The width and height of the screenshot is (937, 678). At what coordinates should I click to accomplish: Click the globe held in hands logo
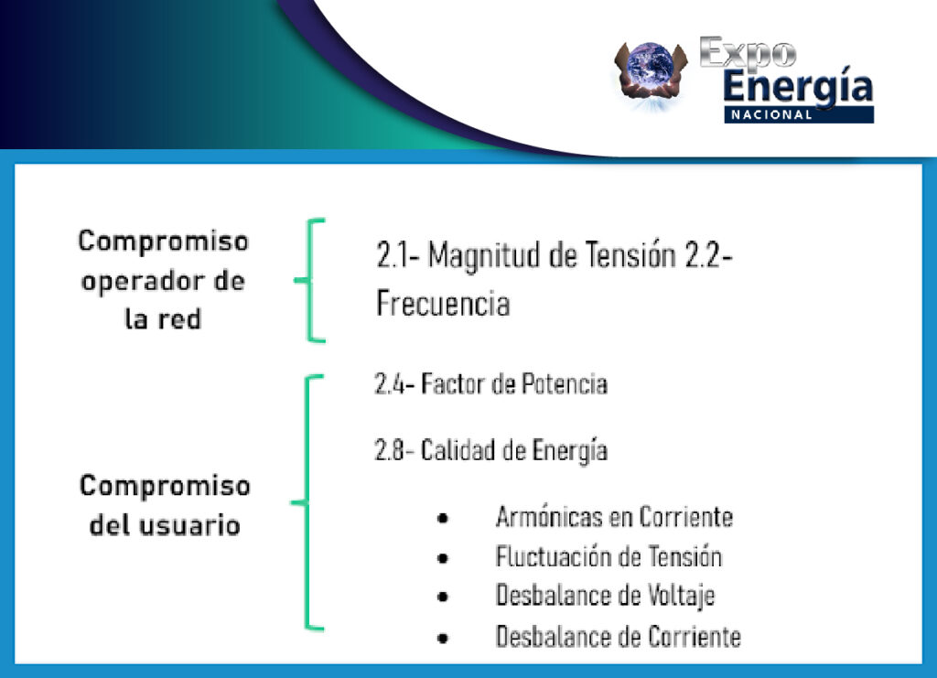[651, 72]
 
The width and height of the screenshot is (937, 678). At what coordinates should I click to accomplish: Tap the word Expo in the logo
[748, 52]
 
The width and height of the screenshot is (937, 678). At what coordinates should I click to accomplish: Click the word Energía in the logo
[798, 87]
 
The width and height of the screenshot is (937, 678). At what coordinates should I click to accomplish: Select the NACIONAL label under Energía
[771, 114]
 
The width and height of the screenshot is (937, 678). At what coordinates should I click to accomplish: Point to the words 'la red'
[163, 318]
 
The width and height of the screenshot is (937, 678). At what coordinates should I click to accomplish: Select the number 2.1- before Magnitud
[398, 254]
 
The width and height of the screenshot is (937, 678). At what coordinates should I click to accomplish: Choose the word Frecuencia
[443, 303]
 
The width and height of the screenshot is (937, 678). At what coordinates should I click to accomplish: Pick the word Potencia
[564, 384]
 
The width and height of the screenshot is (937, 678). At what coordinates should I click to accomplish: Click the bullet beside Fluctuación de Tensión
[443, 558]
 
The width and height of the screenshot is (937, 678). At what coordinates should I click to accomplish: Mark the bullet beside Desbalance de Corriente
[443, 638]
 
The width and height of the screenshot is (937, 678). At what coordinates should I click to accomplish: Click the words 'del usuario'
[165, 526]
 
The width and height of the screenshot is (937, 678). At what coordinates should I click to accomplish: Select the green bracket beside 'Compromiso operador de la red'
[308, 280]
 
